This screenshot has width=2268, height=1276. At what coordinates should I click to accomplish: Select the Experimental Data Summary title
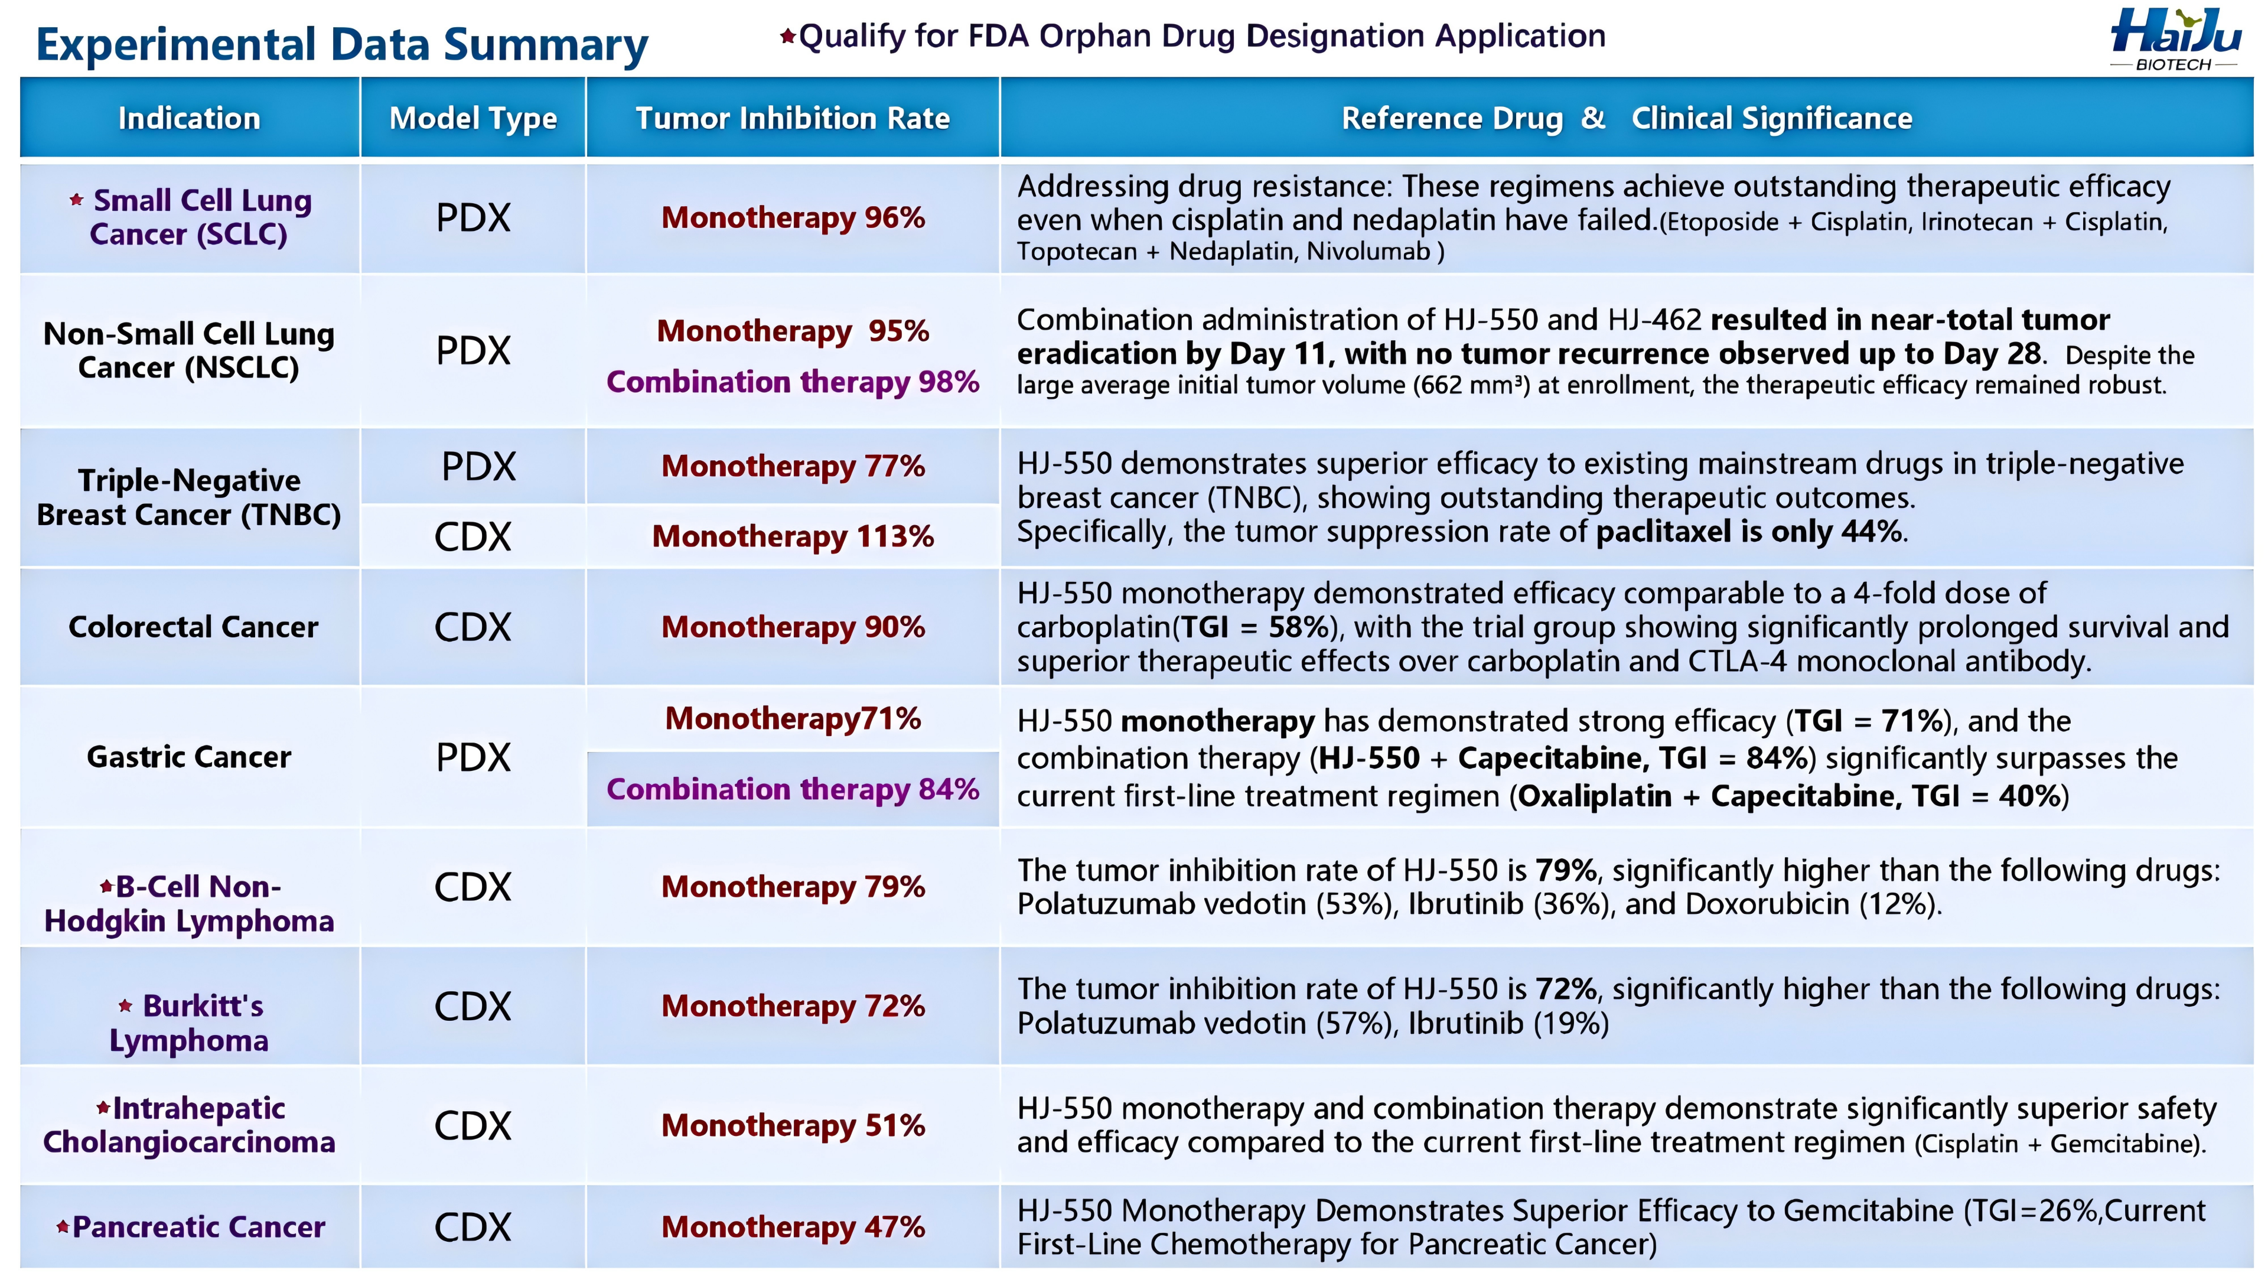[341, 45]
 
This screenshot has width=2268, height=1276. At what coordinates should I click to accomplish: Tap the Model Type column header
[472, 118]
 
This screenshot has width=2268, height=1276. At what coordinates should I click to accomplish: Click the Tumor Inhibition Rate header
[793, 118]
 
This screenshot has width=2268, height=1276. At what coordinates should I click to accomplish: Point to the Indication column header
[189, 118]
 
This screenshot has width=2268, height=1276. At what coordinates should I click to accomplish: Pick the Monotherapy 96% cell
[793, 217]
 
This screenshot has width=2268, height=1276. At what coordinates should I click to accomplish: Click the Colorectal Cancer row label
[193, 627]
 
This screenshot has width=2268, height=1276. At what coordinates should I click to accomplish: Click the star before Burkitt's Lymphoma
[126, 1005]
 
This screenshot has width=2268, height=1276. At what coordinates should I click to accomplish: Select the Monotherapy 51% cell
[793, 1125]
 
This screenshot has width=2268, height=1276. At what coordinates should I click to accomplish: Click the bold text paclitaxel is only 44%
[1748, 532]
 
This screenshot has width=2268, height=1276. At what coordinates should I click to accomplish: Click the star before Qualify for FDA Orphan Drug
[788, 36]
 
